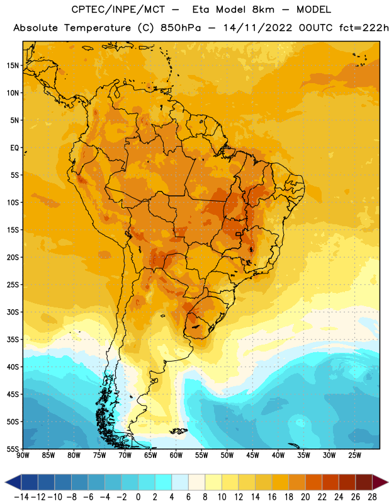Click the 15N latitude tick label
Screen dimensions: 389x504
(x=13, y=66)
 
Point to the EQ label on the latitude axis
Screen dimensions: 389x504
(x=14, y=148)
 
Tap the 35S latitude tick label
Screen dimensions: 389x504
(x=13, y=340)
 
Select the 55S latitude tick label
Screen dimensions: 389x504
(x=13, y=449)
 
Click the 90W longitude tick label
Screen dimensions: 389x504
(x=23, y=455)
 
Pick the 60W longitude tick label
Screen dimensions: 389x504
(x=176, y=455)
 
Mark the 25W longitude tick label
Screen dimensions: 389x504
(x=354, y=455)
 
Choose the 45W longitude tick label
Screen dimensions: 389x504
(x=253, y=455)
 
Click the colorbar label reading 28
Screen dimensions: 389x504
(x=372, y=497)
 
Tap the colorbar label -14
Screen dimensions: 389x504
(x=21, y=497)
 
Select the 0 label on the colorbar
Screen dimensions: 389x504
(x=138, y=497)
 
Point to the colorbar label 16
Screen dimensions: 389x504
(x=272, y=497)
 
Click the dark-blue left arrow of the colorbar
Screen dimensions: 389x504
(x=13, y=482)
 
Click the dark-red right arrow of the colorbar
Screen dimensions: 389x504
(x=380, y=482)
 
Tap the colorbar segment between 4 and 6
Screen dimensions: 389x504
(x=180, y=482)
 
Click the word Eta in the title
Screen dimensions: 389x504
(x=201, y=9)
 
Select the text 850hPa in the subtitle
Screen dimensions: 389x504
(x=181, y=28)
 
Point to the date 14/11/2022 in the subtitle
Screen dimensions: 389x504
(x=257, y=28)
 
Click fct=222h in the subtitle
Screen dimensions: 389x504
(x=364, y=28)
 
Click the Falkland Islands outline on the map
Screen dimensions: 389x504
(x=178, y=431)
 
